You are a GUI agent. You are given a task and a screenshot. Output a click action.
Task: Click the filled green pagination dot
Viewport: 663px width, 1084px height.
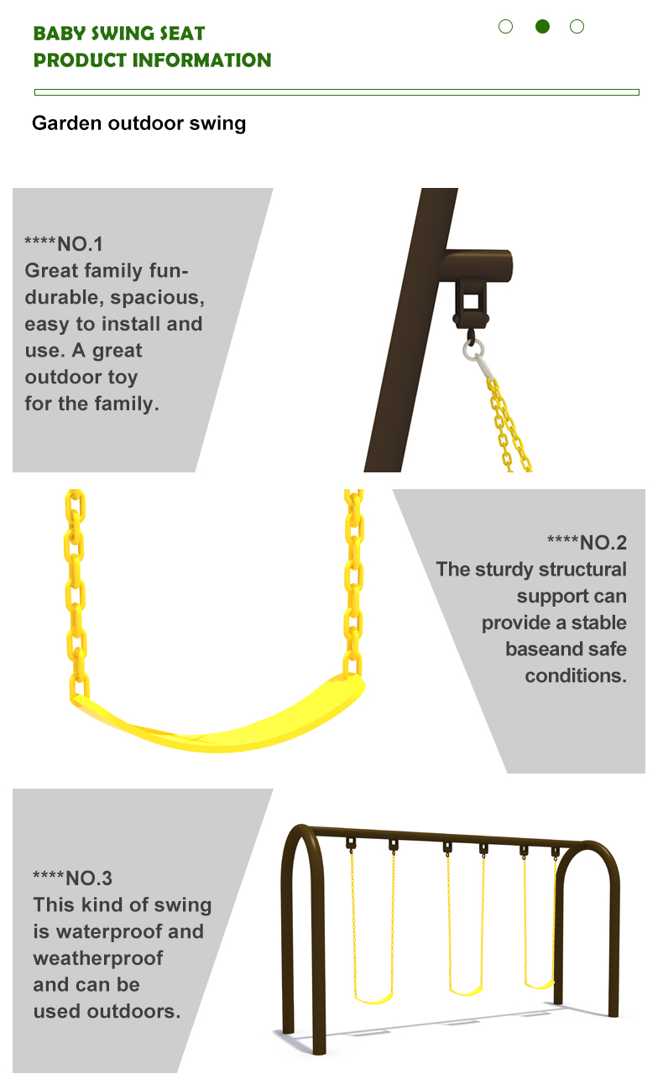542,26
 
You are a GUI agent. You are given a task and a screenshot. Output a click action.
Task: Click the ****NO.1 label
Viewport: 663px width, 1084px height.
64,244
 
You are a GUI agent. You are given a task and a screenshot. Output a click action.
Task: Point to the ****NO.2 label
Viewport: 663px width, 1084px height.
587,543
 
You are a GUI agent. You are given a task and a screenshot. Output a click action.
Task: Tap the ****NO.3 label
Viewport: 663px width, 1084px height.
72,878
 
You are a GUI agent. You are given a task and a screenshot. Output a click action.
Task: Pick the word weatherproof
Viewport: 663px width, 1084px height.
98,958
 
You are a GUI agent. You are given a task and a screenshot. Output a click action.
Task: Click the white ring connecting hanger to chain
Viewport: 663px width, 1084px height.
473,349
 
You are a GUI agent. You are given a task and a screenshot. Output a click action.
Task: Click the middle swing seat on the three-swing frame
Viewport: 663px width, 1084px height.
466,990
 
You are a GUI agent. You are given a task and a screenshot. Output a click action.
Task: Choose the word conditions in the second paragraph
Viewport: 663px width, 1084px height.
576,676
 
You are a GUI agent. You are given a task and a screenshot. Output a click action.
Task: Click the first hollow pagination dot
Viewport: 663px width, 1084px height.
506,27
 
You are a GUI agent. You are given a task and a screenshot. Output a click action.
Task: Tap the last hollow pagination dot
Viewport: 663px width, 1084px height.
577,27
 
